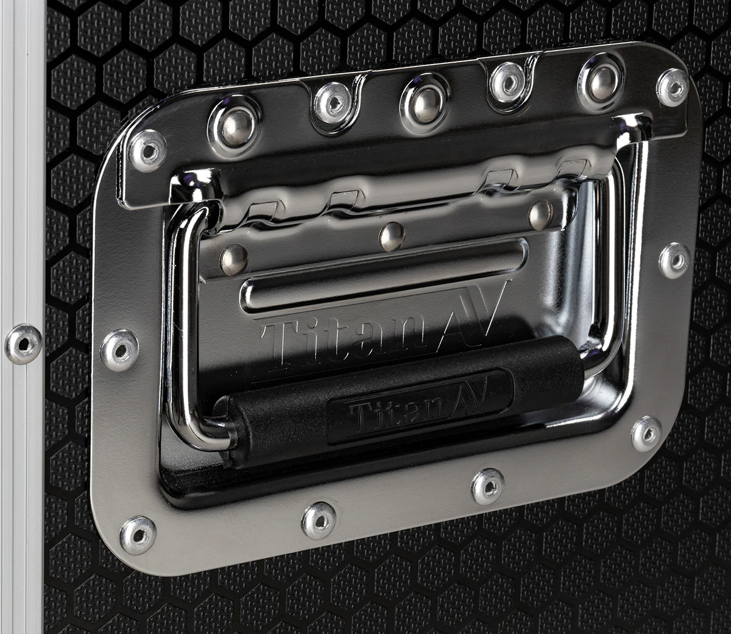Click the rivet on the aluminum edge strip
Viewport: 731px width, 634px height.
pos(23,344)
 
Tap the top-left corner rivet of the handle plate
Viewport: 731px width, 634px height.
pos(148,150)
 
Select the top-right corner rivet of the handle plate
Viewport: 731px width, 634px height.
pos(673,87)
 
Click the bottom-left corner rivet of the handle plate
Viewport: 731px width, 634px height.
pos(138,535)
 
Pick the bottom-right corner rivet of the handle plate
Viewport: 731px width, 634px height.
pos(646,434)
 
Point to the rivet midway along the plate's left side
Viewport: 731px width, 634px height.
pos(119,350)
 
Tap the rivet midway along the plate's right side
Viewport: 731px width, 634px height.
pos(674,260)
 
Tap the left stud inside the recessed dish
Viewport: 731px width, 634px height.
pos(233,260)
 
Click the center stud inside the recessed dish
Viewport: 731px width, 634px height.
pos(392,236)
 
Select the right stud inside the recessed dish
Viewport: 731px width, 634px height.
pos(540,214)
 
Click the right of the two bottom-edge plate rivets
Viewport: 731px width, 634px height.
pos(488,486)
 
